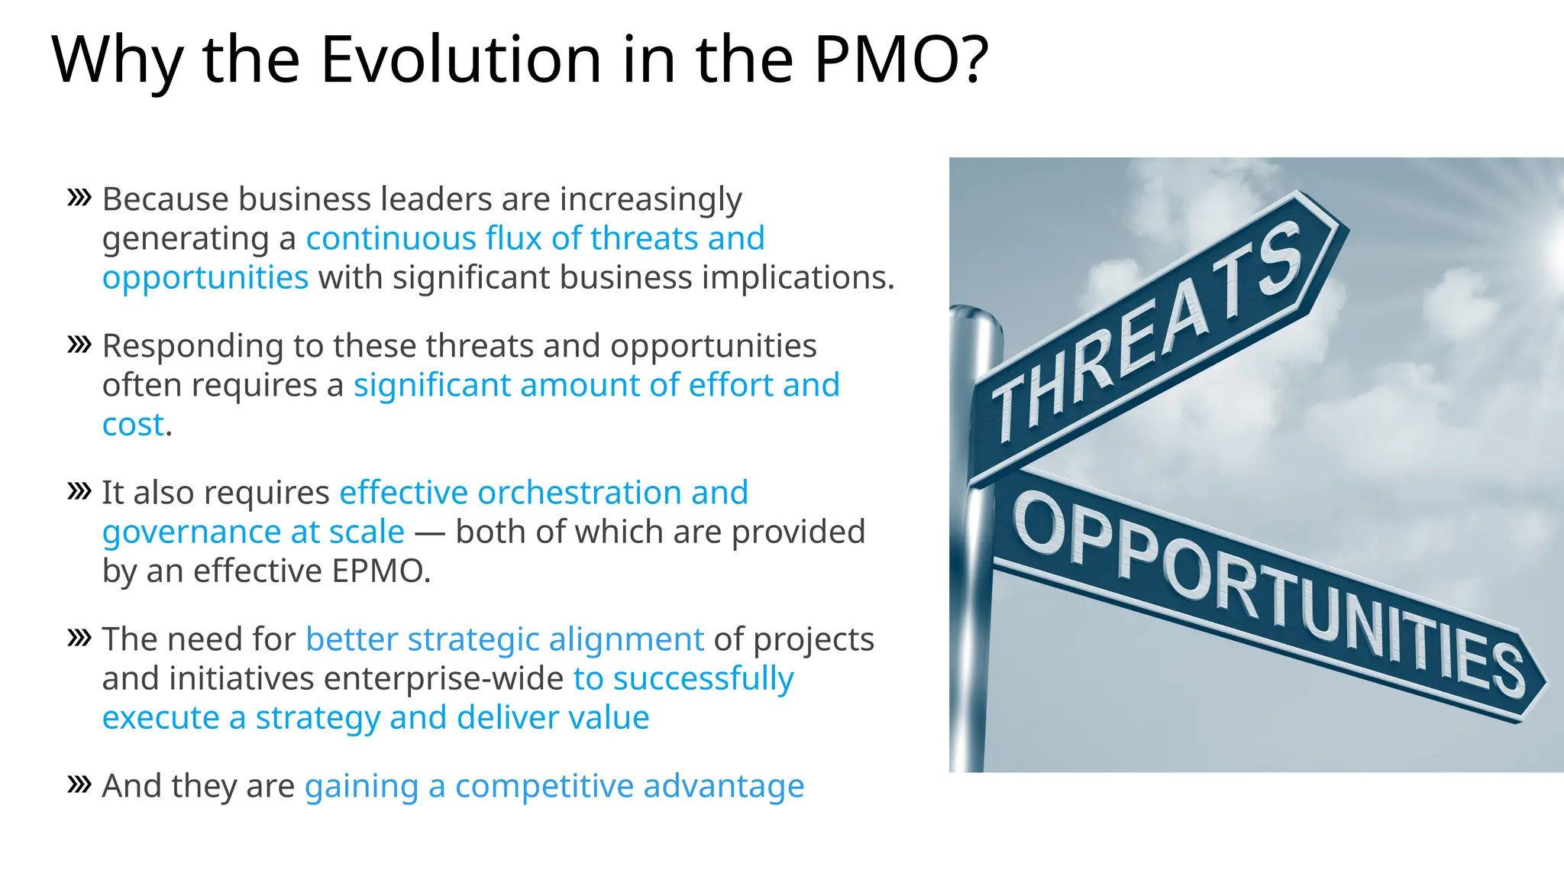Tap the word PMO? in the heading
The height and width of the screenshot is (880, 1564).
(x=901, y=60)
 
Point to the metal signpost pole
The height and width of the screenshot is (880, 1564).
(x=971, y=611)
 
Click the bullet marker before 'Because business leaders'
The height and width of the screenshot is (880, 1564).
(x=79, y=198)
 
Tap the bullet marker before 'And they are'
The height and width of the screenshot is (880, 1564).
(x=79, y=785)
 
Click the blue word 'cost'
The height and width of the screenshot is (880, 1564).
(x=133, y=425)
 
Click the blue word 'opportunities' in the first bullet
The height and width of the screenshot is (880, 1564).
(x=205, y=278)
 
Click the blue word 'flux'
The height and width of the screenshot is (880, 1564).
(x=514, y=238)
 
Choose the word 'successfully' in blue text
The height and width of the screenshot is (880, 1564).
(x=703, y=679)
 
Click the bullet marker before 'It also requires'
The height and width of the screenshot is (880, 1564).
(x=79, y=491)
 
